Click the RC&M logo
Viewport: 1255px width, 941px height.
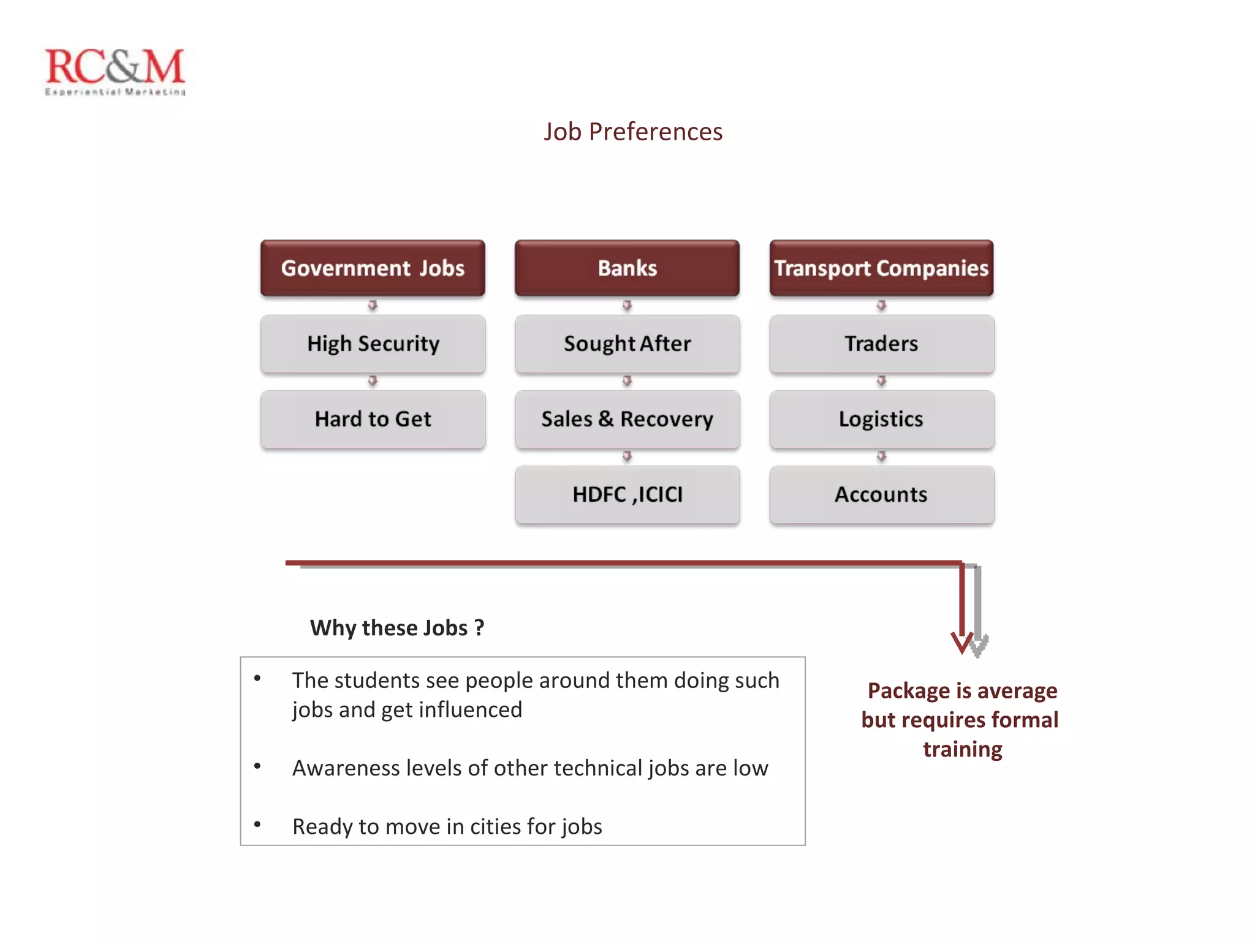(x=115, y=70)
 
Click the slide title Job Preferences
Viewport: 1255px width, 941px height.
(x=633, y=132)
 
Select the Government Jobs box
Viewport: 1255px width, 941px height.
(x=373, y=268)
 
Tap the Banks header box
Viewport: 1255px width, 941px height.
(x=627, y=268)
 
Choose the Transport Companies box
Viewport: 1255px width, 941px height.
(x=881, y=268)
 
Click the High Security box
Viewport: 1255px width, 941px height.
(x=373, y=344)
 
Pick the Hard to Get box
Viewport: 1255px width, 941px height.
(x=373, y=419)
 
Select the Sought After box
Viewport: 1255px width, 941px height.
(x=627, y=344)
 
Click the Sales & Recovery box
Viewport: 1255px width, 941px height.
(x=627, y=419)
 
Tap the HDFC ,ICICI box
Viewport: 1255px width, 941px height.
(x=627, y=494)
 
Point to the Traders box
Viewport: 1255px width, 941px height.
(x=881, y=344)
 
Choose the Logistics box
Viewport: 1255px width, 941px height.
(x=881, y=419)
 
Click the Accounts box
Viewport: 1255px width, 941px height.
(x=881, y=494)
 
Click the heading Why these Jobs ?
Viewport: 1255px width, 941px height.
(x=397, y=628)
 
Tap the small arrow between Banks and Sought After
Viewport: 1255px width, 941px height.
(x=627, y=305)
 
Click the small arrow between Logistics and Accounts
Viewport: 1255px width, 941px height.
(x=881, y=456)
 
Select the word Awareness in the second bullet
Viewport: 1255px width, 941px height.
(x=343, y=768)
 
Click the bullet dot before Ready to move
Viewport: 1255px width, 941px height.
(x=257, y=825)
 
